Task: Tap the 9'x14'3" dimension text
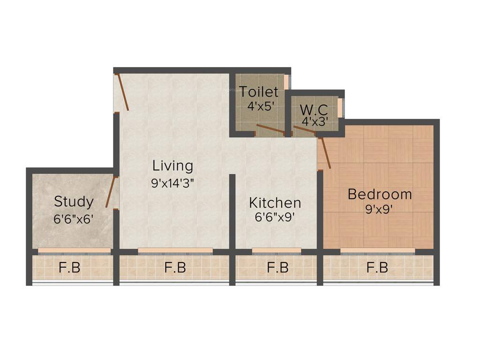point(172,183)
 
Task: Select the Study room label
point(74,202)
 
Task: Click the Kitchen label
point(275,203)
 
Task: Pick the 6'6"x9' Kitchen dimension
point(275,218)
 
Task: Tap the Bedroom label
point(380,194)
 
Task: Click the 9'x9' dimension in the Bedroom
point(379,209)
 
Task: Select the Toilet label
point(259,92)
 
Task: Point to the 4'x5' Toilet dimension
point(260,106)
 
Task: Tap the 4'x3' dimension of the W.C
point(314,121)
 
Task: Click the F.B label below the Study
point(70,268)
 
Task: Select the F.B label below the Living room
point(175,268)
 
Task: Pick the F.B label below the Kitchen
point(277,268)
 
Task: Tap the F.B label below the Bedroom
point(377,268)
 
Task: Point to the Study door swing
point(111,191)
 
